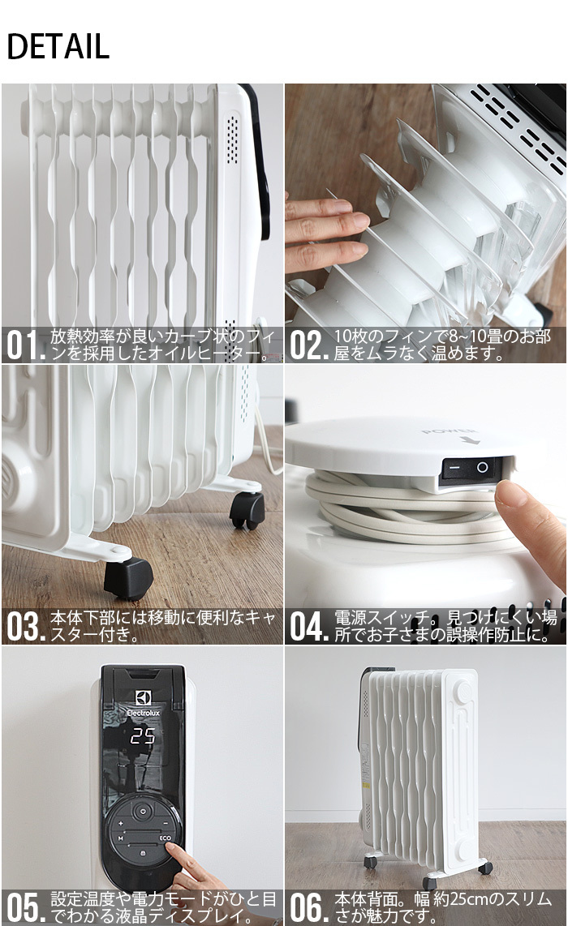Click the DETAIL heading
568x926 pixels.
pos(58,47)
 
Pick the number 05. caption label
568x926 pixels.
pos(25,908)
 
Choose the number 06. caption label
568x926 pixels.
pos(308,908)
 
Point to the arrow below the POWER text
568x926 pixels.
pos(470,440)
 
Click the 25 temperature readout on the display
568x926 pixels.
pos(143,736)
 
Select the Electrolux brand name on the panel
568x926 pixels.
pos(143,713)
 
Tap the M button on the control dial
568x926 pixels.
pos(119,837)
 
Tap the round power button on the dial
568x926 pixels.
pos(143,811)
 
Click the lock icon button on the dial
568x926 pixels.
pos(143,854)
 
